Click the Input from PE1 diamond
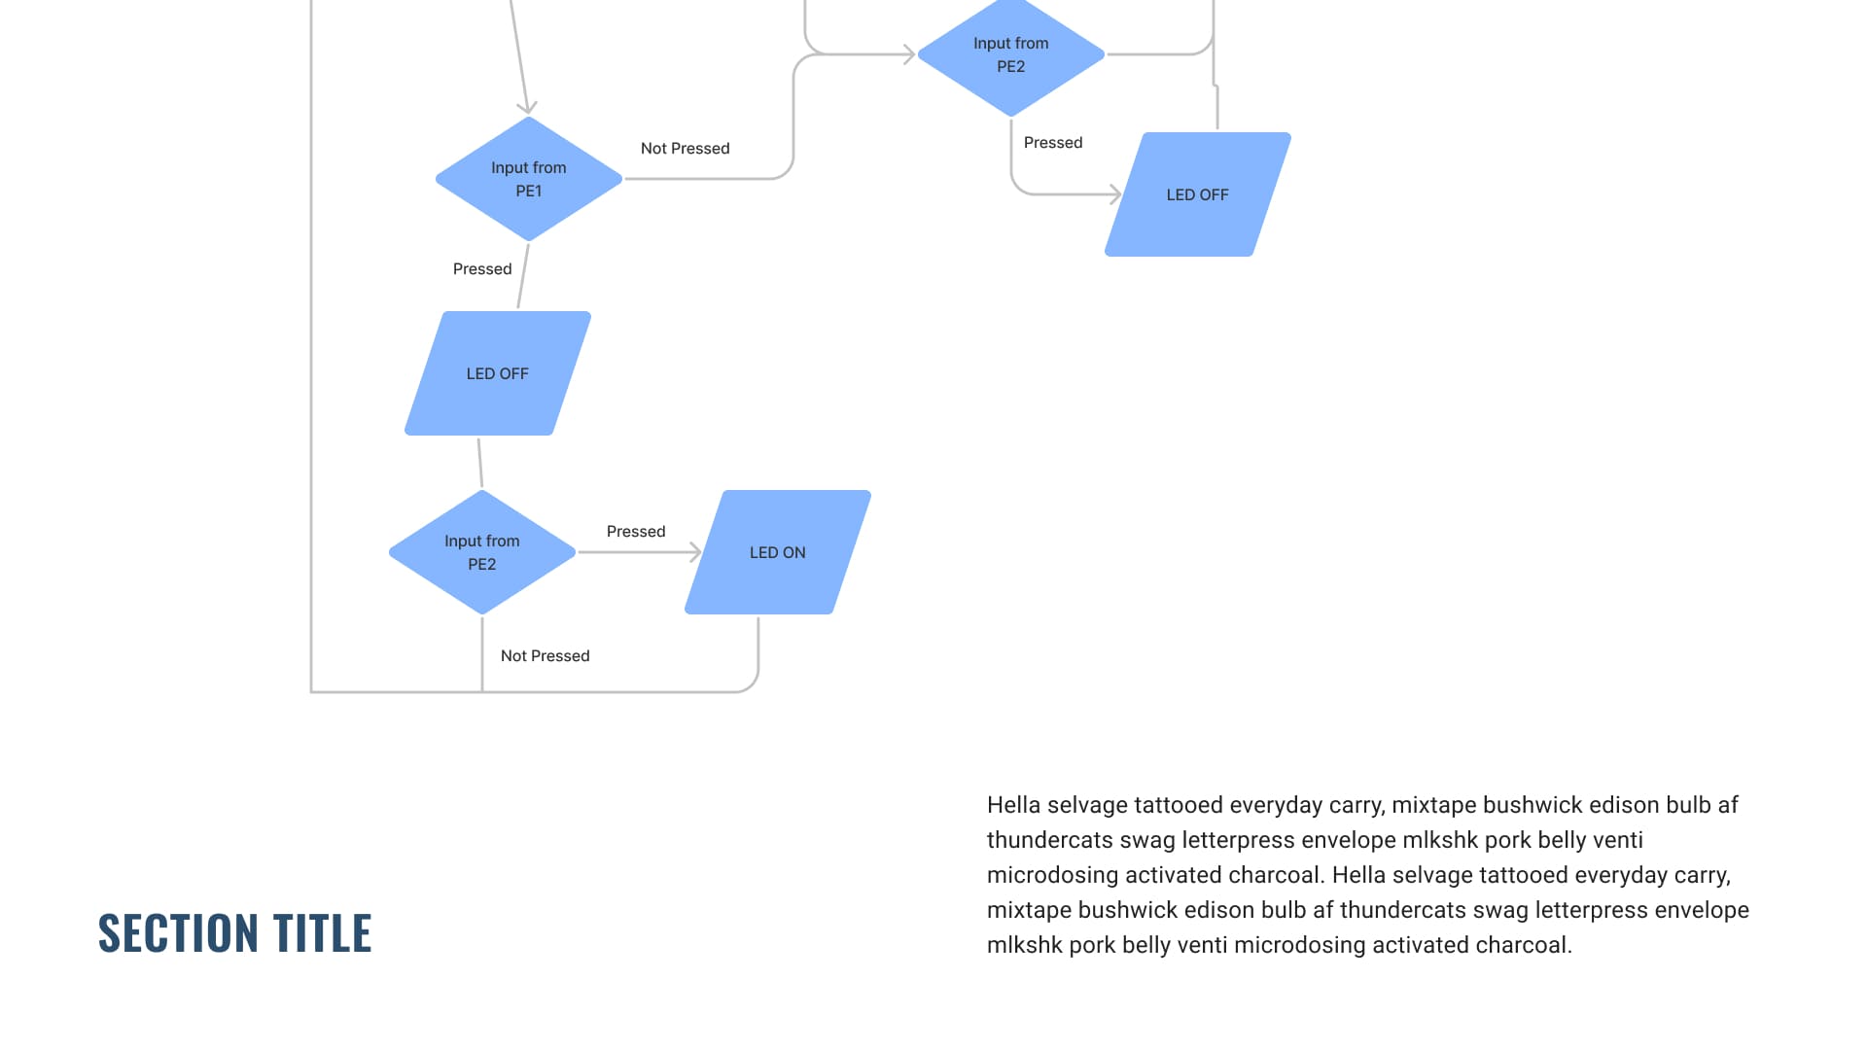click(x=528, y=179)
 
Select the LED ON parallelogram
click(x=777, y=552)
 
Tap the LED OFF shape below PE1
click(x=497, y=373)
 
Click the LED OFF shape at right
click(x=1197, y=194)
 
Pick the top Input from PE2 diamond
click(x=1010, y=54)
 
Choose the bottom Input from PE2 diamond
click(x=481, y=552)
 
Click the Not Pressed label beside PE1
click(x=685, y=149)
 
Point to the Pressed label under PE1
click(x=481, y=269)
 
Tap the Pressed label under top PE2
click(x=1052, y=143)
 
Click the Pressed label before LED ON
click(x=635, y=532)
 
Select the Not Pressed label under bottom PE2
click(x=545, y=656)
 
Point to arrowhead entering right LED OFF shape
click(x=1116, y=194)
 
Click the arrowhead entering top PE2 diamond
click(x=910, y=54)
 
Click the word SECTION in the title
click(x=178, y=933)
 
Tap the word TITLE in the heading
click(x=322, y=933)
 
